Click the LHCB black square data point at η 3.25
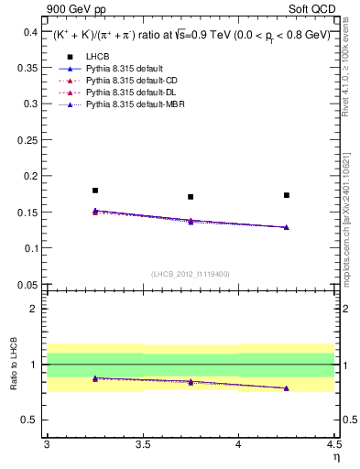click(95, 191)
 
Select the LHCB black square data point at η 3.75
click(191, 197)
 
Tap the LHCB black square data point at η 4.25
click(287, 195)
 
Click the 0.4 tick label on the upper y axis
click(30, 32)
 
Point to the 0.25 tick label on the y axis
click(27, 140)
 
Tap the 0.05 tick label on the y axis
click(27, 285)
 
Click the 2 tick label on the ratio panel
click(35, 309)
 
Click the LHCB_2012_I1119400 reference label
click(191, 273)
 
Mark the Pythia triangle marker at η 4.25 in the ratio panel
click(287, 388)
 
